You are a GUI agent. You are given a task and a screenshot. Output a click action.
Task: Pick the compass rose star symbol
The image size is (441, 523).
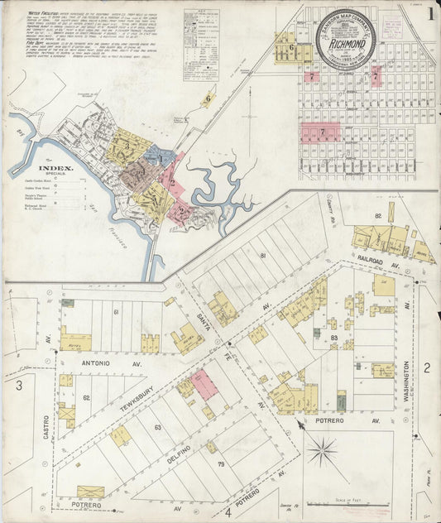point(323,452)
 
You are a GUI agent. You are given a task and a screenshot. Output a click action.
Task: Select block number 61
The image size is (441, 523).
point(117,311)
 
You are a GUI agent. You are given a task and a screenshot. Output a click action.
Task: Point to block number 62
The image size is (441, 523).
point(86,398)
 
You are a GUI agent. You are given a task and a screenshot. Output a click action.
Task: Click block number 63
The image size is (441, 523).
point(157,428)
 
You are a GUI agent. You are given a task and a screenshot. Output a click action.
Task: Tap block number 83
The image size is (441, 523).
point(334,338)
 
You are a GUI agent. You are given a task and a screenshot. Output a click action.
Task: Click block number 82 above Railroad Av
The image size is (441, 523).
point(377,216)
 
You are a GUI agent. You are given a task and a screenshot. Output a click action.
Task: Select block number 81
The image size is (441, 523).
point(262,256)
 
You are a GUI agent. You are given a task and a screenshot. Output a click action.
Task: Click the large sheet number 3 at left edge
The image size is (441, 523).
point(18,385)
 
